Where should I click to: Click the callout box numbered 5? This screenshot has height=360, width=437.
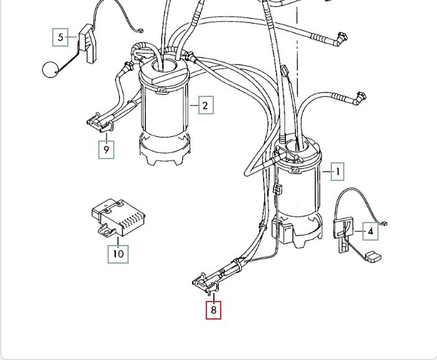pos(60,38)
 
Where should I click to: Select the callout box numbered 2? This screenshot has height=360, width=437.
pos(206,105)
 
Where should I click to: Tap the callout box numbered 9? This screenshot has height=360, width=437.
pos(106,150)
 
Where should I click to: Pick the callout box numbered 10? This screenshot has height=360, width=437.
pos(118,254)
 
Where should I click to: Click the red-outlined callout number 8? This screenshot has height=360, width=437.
pos(213,309)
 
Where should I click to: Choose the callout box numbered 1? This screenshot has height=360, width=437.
pos(338,171)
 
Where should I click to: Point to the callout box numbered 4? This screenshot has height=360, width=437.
pos(370,232)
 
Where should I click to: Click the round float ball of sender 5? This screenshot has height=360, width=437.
pos(50,69)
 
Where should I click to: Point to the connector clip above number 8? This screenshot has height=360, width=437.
pos(208,284)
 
